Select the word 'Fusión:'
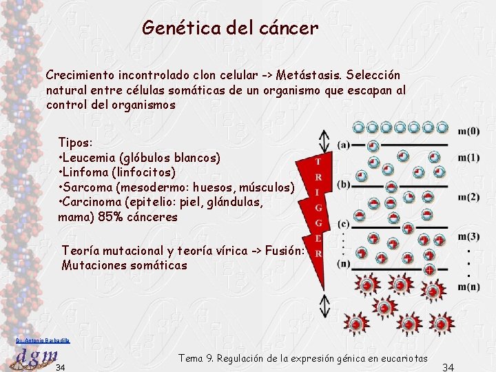click(x=281, y=250)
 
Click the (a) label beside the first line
click(x=343, y=145)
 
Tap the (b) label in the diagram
click(x=343, y=184)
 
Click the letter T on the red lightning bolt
click(x=317, y=161)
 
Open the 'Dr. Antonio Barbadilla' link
click(x=41, y=340)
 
